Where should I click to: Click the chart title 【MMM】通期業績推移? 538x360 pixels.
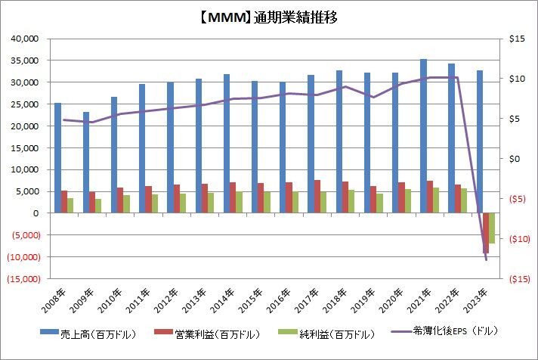pyautogui.click(x=268, y=17)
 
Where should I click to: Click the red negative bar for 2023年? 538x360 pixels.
pyautogui.click(x=486, y=233)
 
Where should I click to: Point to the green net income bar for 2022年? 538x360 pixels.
pyautogui.click(x=464, y=200)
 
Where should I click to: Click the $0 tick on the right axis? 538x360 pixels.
pyautogui.click(x=516, y=159)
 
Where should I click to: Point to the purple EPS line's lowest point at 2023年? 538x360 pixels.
pyautogui.click(x=485, y=260)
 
